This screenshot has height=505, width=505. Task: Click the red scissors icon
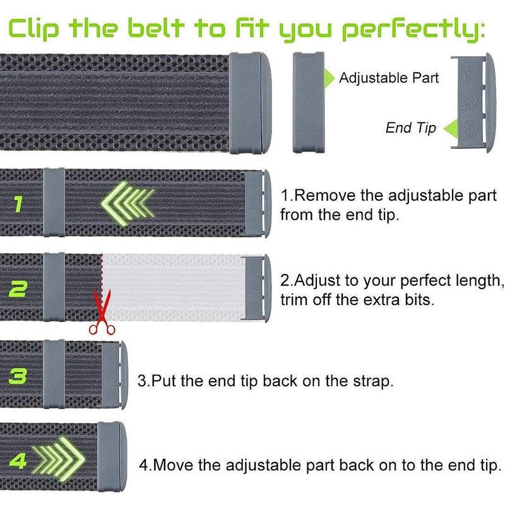tap(102, 314)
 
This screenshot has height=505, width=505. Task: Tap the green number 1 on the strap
tap(18, 204)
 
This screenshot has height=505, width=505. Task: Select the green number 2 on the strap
tap(18, 289)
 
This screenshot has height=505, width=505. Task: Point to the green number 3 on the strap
tap(18, 376)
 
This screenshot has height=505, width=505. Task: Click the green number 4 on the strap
tap(18, 461)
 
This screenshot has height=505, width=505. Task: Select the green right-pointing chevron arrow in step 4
tap(59, 459)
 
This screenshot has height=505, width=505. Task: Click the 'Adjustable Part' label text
tap(389, 78)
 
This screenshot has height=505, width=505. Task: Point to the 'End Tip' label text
tap(411, 128)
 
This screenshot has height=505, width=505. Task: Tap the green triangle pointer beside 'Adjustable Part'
tap(329, 78)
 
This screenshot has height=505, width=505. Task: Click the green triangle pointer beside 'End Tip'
tap(451, 129)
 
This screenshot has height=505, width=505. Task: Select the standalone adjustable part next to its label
tap(308, 102)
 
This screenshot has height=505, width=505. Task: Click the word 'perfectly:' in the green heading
tap(413, 30)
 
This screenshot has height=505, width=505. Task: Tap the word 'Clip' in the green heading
tap(34, 29)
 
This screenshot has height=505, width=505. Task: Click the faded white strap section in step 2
tap(173, 288)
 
